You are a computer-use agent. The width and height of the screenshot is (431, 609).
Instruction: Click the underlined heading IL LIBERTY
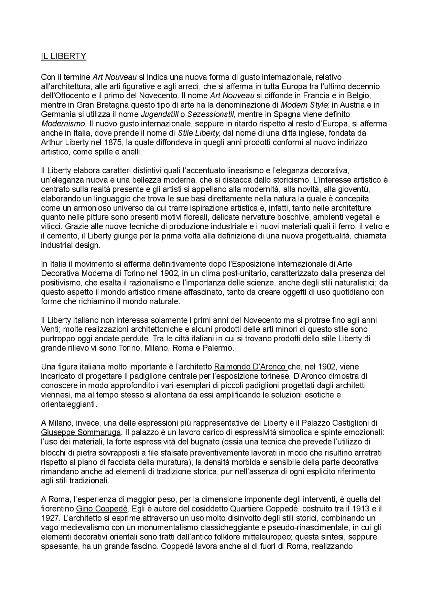click(64, 56)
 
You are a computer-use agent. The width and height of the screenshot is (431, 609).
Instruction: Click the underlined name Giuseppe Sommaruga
click(81, 432)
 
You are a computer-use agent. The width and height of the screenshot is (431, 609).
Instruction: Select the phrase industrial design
click(71, 245)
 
